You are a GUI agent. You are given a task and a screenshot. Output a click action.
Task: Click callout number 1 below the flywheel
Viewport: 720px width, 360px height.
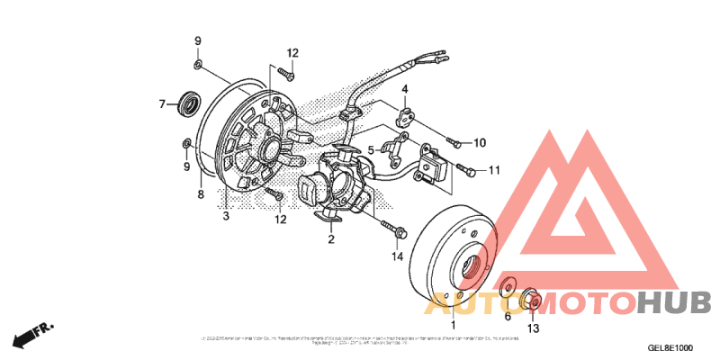click(x=453, y=324)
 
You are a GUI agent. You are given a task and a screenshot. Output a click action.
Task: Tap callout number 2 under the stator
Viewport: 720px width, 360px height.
click(x=330, y=239)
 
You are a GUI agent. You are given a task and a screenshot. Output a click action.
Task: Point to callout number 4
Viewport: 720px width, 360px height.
click(x=405, y=89)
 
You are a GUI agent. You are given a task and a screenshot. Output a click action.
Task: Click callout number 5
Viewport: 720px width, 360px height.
click(x=370, y=149)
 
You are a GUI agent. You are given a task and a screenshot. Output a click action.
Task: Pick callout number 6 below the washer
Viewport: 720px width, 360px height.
click(x=507, y=316)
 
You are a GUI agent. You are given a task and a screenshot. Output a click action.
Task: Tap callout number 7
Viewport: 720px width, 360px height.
click(x=163, y=104)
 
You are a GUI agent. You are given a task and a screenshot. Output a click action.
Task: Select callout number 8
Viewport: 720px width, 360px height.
click(x=200, y=194)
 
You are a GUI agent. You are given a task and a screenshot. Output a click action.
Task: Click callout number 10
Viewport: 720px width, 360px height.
click(x=479, y=142)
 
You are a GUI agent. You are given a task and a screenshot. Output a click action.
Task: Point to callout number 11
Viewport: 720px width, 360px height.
click(x=493, y=169)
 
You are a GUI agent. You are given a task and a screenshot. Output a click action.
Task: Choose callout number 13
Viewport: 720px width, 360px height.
click(x=533, y=328)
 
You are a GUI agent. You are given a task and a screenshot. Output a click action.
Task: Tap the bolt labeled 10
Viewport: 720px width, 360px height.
click(x=453, y=142)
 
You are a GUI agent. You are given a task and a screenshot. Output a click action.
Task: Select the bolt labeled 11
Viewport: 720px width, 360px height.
click(x=465, y=168)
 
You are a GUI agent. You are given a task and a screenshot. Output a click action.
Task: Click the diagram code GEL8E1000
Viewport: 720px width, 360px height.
click(x=670, y=347)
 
